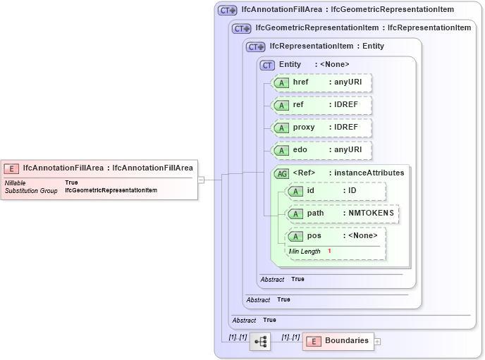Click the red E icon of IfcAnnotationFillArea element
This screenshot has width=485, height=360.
click(12, 168)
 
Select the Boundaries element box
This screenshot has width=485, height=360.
click(338, 341)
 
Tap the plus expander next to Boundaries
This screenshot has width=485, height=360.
click(377, 342)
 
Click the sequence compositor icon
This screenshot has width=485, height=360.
click(260, 341)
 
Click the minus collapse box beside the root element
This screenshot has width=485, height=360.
click(201, 179)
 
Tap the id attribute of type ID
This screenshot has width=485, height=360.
click(336, 191)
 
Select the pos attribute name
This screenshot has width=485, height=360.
click(314, 236)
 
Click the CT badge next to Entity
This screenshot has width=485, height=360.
click(267, 65)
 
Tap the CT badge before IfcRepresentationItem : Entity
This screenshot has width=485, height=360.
click(255, 46)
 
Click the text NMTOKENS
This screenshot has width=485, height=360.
click(371, 213)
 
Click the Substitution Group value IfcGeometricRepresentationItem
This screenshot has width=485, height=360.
click(111, 190)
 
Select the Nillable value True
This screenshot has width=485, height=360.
click(71, 182)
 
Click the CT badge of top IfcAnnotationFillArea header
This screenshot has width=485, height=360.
click(227, 11)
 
